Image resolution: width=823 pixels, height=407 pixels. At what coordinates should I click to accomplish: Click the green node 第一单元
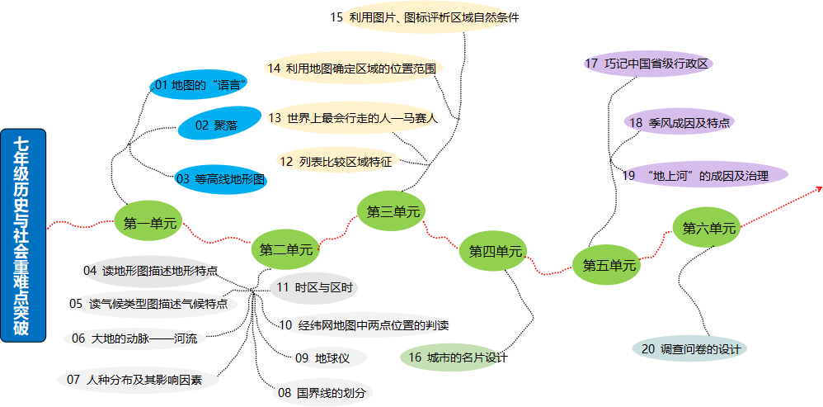click(x=149, y=222)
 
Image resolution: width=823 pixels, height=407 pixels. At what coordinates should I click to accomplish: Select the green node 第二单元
click(x=286, y=248)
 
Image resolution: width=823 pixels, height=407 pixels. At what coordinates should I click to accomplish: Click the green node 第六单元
click(x=708, y=228)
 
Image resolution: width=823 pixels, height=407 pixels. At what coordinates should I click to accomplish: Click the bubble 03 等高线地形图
click(x=220, y=178)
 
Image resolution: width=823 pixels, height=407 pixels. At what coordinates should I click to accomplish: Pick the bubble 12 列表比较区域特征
click(x=336, y=161)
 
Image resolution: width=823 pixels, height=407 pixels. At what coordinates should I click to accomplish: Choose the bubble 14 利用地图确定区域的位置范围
click(x=353, y=68)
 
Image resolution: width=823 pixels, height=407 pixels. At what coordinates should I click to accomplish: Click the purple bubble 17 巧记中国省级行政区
click(x=647, y=64)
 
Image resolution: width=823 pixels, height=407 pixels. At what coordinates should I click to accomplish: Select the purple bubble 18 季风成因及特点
click(x=679, y=122)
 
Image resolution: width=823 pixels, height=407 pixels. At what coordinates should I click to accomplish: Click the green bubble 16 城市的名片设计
click(x=452, y=357)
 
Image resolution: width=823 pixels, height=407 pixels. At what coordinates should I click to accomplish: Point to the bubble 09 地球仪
click(x=327, y=357)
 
